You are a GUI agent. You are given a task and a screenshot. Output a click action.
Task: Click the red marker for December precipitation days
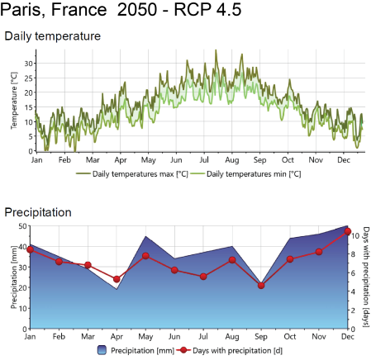point(348,231)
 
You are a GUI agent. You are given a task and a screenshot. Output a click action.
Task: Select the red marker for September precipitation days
point(261,286)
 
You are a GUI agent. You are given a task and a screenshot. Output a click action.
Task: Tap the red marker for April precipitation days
point(117,279)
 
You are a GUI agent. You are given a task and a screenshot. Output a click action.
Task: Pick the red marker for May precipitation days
point(145,256)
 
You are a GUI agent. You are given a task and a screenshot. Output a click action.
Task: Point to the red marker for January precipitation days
point(31,249)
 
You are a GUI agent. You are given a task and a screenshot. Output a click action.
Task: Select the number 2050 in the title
point(137,9)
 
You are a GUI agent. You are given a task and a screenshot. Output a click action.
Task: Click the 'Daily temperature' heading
point(53,36)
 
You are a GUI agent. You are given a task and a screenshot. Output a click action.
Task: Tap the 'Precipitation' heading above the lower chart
point(38,212)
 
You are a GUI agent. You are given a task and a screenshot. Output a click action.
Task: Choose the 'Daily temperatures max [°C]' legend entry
point(132,174)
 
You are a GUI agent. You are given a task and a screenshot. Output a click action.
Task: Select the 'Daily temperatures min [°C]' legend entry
point(245,174)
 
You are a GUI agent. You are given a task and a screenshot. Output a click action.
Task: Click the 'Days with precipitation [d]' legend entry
point(230,350)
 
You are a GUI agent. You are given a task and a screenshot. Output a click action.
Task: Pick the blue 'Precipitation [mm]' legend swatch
point(102,350)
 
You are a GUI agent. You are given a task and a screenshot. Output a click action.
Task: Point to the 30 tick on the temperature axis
point(28,64)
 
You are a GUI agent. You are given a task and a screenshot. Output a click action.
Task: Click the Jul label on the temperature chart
point(204,160)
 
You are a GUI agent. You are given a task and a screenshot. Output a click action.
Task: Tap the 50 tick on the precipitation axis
point(22,226)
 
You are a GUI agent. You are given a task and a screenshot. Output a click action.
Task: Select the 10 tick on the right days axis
point(355,236)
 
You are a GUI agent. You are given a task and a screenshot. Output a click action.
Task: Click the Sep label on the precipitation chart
point(261,336)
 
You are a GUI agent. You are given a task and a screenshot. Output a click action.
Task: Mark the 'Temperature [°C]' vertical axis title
point(14,101)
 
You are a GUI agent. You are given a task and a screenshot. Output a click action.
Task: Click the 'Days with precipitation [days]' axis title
point(366,277)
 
